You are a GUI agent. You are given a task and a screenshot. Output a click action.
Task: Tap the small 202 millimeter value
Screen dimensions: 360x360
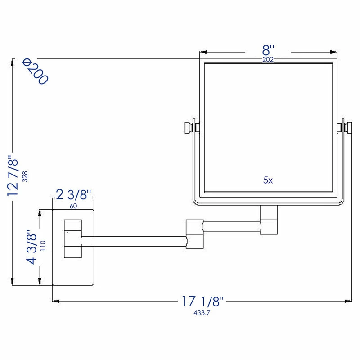coord(268,59)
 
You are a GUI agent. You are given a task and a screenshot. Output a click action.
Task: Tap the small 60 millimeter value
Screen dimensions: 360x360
coord(74,206)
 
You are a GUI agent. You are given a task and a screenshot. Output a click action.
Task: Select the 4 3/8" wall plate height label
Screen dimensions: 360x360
coord(31,247)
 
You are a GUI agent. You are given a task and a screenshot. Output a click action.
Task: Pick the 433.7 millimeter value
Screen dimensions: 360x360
coord(202,311)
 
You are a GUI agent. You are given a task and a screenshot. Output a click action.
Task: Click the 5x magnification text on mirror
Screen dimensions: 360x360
coord(268,180)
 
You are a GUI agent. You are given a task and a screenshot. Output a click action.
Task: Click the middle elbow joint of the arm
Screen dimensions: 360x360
coord(194,233)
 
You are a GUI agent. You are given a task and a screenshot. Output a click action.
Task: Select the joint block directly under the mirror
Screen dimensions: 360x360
coord(269,220)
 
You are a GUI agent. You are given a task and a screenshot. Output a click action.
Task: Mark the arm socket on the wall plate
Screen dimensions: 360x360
coord(73,238)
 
